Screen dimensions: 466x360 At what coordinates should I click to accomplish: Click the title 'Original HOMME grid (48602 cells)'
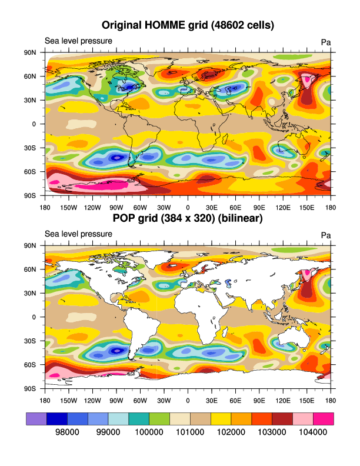[x=188, y=25]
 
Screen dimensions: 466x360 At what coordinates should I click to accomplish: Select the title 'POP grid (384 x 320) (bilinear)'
[x=188, y=218]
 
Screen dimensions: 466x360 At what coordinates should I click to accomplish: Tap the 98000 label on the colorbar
[x=66, y=432]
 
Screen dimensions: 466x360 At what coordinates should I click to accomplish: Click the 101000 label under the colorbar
[x=189, y=432]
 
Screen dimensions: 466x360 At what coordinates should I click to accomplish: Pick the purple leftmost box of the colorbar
[x=36, y=418]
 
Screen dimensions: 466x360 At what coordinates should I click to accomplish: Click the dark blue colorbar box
[x=56, y=418]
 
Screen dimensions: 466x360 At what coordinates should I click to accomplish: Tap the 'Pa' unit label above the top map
[x=326, y=42]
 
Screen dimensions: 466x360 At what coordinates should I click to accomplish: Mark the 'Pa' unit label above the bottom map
[x=326, y=235]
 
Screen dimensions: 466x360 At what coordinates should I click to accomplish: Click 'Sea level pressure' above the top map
[x=79, y=41]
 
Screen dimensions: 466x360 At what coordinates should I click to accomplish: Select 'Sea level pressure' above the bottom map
[x=79, y=234]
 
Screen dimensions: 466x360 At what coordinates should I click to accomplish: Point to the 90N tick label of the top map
[x=29, y=52]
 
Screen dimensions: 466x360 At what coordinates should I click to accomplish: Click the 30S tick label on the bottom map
[x=29, y=341]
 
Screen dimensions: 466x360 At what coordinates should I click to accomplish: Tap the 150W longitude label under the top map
[x=69, y=207]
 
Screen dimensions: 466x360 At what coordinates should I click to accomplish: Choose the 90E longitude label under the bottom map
[x=259, y=400]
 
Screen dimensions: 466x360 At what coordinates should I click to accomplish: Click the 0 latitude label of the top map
[x=34, y=124]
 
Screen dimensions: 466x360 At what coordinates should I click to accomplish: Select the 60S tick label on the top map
[x=29, y=172]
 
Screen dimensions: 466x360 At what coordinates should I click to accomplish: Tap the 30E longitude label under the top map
[x=212, y=207]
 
